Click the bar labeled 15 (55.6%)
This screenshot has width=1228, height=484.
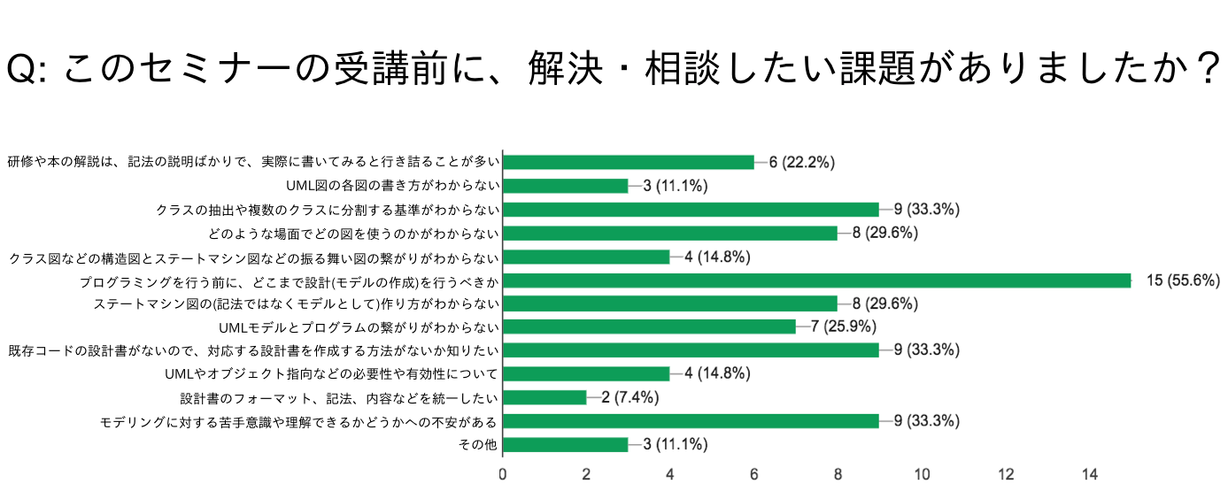pos(816,280)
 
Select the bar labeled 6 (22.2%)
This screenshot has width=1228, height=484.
pos(629,162)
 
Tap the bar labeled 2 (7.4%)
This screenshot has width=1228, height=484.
pos(544,397)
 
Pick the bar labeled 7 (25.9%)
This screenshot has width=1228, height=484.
pos(649,327)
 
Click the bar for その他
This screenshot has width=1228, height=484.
pos(565,444)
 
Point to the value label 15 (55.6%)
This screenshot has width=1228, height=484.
pos(1183,280)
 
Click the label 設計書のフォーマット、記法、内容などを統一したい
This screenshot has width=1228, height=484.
pos(339,397)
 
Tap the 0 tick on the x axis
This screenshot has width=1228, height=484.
pos(503,473)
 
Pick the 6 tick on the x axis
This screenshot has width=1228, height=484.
pos(754,473)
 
